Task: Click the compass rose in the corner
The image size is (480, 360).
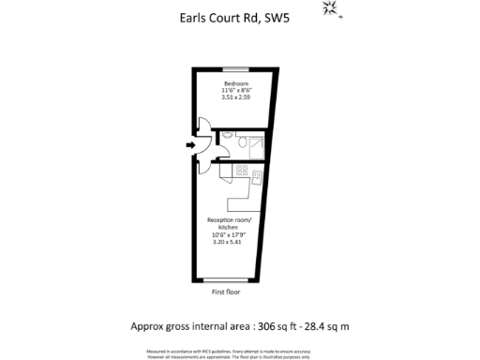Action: tap(330, 8)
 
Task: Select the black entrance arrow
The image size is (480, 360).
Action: tap(190, 145)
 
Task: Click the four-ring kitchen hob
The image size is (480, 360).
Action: tap(241, 171)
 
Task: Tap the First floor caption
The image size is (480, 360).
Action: tap(226, 292)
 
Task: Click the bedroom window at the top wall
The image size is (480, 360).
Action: tap(235, 68)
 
